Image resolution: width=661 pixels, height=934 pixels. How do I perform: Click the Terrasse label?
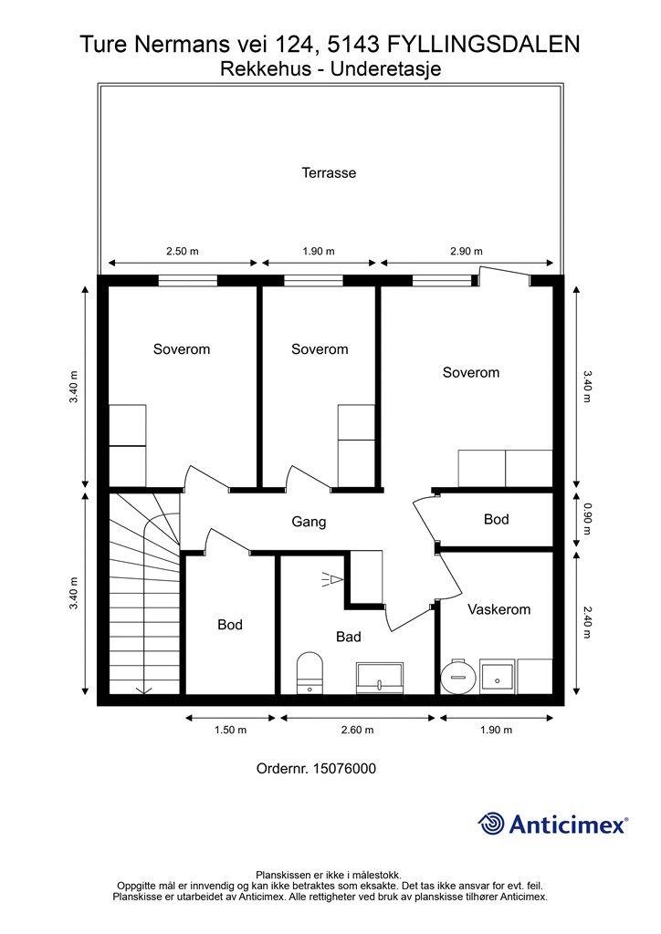pyautogui.click(x=329, y=172)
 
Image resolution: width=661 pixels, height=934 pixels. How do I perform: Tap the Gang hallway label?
pyautogui.click(x=309, y=523)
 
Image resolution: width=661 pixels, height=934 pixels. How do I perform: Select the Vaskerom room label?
pyautogui.click(x=498, y=609)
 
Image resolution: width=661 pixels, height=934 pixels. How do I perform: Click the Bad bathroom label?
pyautogui.click(x=348, y=637)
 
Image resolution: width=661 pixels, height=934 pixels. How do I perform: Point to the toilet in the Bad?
pyautogui.click(x=310, y=670)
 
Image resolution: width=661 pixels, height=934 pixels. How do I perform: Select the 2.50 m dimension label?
pyautogui.click(x=182, y=252)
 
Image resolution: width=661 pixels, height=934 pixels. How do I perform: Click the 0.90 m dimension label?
pyautogui.click(x=587, y=519)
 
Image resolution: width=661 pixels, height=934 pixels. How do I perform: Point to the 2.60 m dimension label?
pyautogui.click(x=356, y=730)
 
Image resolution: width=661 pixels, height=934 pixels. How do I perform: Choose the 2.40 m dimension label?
pyautogui.click(x=587, y=608)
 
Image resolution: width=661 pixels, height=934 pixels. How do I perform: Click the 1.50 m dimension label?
pyautogui.click(x=230, y=730)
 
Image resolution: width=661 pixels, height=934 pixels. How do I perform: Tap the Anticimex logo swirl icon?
pyautogui.click(x=492, y=824)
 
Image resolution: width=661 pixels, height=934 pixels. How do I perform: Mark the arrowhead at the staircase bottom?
pyautogui.click(x=143, y=690)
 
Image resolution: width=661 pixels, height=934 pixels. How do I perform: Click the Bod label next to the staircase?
pyautogui.click(x=230, y=625)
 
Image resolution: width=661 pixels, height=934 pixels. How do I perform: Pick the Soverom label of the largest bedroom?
pyautogui.click(x=471, y=372)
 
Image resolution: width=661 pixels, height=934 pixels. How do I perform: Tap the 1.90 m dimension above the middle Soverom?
pyautogui.click(x=319, y=252)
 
